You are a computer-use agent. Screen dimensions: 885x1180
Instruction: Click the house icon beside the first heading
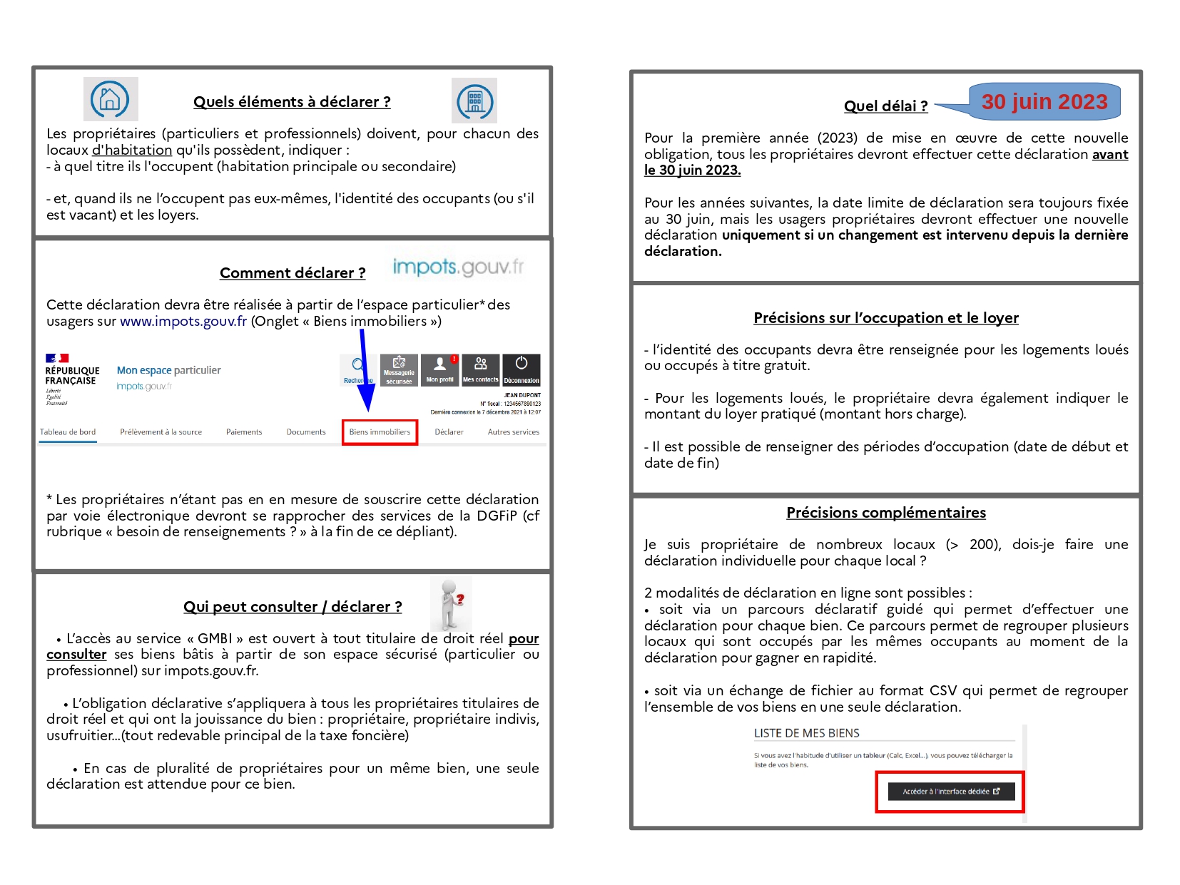pyautogui.click(x=111, y=99)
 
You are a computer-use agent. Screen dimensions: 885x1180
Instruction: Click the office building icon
pyautogui.click(x=474, y=101)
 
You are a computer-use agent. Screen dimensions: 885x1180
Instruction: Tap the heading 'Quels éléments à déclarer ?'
pyautogui.click(x=292, y=102)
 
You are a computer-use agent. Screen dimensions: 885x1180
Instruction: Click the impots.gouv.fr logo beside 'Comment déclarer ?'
pyautogui.click(x=458, y=267)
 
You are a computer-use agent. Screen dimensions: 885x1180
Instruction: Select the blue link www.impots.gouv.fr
pyautogui.click(x=183, y=322)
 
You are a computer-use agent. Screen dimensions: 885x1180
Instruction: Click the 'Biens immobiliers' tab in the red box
pyautogui.click(x=380, y=432)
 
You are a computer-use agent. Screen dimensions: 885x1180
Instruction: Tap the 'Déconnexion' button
pyautogui.click(x=522, y=370)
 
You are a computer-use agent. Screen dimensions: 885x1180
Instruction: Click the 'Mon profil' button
pyautogui.click(x=440, y=370)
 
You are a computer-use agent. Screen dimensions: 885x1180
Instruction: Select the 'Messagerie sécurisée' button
pyautogui.click(x=400, y=370)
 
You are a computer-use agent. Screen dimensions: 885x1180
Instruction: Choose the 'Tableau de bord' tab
pyautogui.click(x=68, y=432)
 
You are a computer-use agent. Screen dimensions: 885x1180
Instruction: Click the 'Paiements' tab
pyautogui.click(x=244, y=432)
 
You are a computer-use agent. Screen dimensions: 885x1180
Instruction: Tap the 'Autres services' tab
pyautogui.click(x=514, y=432)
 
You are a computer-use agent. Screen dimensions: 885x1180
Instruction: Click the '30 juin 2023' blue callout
pyautogui.click(x=1044, y=102)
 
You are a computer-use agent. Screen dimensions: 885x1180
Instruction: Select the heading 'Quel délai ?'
pyautogui.click(x=885, y=106)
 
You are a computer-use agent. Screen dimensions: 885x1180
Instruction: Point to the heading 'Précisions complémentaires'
pyautogui.click(x=886, y=513)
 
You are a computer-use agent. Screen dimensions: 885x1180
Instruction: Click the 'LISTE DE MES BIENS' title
pyautogui.click(x=807, y=733)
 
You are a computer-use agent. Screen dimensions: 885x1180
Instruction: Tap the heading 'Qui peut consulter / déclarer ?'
pyautogui.click(x=293, y=607)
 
